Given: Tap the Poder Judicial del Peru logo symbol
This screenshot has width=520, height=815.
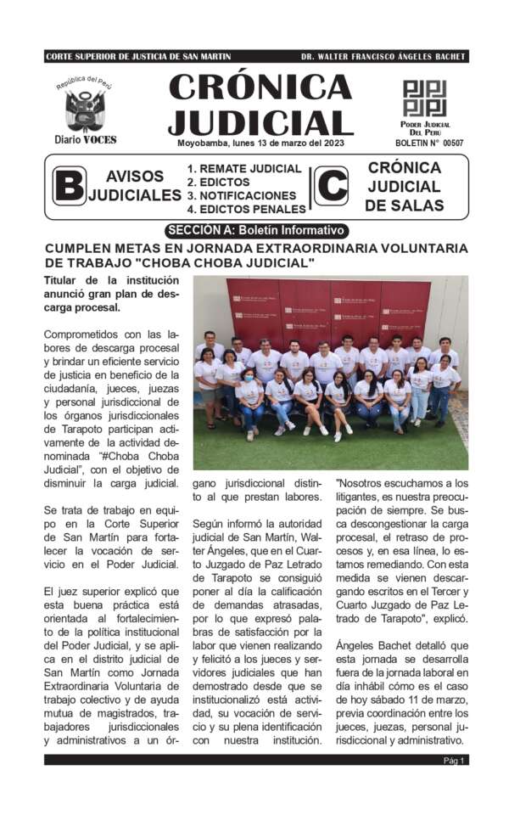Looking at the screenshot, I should pos(424,98).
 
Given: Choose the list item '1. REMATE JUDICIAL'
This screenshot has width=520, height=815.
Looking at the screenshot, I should pos(244,169).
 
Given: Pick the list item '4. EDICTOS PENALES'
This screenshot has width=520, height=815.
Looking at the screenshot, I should pos(246,209).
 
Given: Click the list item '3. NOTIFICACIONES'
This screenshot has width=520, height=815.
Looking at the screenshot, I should pos(242,195).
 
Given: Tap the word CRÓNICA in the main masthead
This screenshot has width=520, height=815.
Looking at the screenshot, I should pos(260,87).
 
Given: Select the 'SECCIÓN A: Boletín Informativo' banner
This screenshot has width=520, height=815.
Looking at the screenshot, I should pos(255,230).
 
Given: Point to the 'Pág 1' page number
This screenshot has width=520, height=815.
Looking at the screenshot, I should pos(455,761).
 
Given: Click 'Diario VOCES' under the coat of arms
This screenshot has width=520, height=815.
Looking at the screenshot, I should pos(85,139).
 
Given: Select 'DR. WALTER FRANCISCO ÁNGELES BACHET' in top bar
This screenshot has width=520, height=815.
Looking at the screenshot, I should pos(383,57).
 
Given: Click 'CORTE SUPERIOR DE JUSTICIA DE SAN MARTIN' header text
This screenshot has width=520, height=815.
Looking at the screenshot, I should pos(138,57).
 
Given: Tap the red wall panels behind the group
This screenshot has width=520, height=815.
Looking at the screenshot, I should pos(327,310).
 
